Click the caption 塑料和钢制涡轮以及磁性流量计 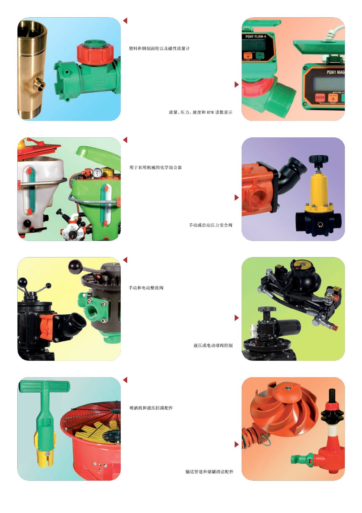(x=160, y=49)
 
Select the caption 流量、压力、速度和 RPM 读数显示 (x=201, y=112)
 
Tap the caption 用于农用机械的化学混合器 (x=156, y=167)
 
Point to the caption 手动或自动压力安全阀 (x=211, y=225)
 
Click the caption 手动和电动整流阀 (x=146, y=288)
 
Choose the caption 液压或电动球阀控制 (x=213, y=345)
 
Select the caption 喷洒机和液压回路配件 (x=151, y=408)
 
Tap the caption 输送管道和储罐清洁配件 (x=209, y=471)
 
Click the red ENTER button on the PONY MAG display (x=320, y=98)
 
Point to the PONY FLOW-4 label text (x=256, y=37)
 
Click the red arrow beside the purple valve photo (x=237, y=197)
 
